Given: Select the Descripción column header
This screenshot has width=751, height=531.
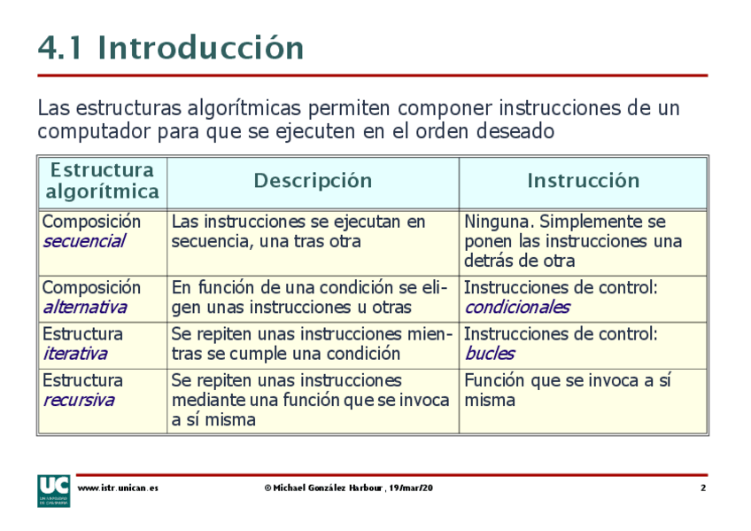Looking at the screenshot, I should click(313, 181).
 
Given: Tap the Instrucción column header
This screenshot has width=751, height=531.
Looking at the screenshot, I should click(583, 181).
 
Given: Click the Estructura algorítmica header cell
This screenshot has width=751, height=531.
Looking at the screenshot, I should click(102, 181).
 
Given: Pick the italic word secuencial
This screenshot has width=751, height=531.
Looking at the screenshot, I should click(84, 241).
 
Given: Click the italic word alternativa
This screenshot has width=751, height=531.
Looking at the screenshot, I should click(84, 308).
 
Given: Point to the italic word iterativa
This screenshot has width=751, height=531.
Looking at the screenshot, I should click(74, 354).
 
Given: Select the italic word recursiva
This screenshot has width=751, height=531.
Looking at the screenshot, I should click(78, 400).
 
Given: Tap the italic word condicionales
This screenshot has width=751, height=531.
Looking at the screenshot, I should click(517, 308).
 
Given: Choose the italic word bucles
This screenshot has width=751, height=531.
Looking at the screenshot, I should click(489, 354).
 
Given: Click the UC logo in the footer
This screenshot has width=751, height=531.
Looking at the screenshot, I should click(54, 490).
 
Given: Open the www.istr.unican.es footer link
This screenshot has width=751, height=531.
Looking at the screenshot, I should click(118, 488).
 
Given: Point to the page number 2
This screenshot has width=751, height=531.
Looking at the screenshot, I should click(702, 488).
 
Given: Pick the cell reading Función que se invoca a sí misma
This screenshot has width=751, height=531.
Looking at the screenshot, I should click(567, 390).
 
